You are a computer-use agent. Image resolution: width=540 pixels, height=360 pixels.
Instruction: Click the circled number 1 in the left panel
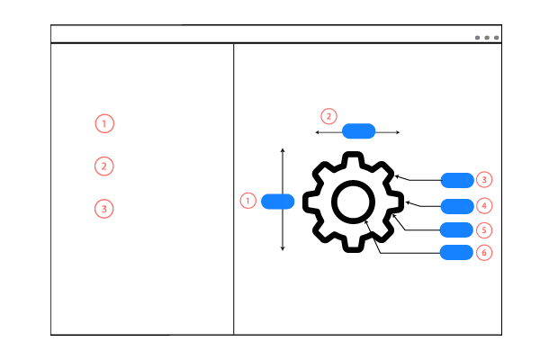(104, 123)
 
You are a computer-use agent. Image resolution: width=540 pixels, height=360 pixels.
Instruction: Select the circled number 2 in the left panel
(104, 166)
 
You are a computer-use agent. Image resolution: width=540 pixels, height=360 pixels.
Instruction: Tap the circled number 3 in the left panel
(104, 209)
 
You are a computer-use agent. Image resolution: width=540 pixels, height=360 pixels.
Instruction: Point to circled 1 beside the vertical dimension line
(248, 201)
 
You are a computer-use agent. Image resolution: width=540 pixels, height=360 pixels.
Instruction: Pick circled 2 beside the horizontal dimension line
(328, 116)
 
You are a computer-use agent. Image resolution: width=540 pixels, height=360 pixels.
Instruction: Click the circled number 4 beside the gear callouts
(484, 206)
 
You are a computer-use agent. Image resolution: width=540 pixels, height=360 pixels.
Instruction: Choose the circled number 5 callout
(484, 229)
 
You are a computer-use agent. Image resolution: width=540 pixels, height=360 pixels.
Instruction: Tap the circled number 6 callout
(484, 253)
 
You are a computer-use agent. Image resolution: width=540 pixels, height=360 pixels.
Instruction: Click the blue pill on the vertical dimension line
(277, 202)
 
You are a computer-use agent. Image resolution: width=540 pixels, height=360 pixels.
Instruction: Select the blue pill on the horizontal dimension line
(358, 131)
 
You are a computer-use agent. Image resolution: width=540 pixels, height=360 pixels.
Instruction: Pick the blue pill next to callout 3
(457, 180)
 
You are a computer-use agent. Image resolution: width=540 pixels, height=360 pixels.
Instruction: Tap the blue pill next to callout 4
(457, 206)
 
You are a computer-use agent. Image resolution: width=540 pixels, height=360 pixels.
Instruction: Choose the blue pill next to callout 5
(456, 229)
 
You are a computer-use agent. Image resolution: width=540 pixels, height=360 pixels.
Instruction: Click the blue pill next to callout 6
(456, 253)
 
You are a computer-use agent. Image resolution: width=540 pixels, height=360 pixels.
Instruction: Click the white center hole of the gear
(353, 202)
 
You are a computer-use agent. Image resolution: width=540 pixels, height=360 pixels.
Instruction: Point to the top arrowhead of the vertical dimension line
(283, 150)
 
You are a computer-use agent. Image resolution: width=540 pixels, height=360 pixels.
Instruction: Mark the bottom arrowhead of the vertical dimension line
(283, 248)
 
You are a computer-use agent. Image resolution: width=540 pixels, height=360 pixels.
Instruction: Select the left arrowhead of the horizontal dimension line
(317, 132)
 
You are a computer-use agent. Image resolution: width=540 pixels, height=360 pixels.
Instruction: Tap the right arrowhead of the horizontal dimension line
(398, 132)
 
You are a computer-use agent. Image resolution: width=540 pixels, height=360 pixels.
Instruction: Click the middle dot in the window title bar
(487, 38)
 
